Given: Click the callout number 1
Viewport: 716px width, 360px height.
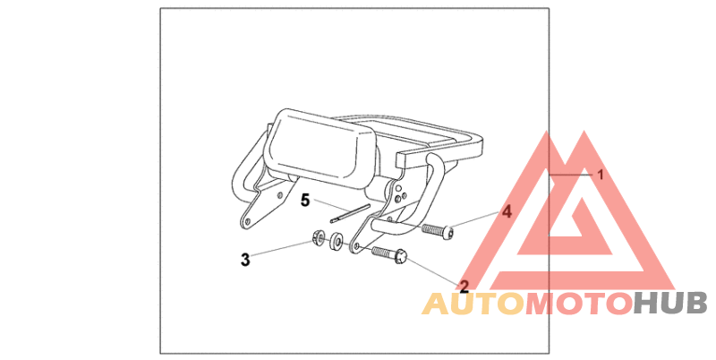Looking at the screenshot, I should [601, 175].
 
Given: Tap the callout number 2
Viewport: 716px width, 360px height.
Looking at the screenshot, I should [464, 287].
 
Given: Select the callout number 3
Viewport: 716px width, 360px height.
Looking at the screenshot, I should [244, 260].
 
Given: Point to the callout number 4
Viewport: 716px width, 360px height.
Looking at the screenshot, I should [506, 213].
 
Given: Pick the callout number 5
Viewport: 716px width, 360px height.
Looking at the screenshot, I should [305, 201].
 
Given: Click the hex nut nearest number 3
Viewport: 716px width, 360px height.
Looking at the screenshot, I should [318, 238].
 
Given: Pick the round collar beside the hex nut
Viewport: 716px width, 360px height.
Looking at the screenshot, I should [337, 242].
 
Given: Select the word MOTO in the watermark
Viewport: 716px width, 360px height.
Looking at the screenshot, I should [577, 304].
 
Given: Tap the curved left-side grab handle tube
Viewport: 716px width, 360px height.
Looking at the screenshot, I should [243, 170].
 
